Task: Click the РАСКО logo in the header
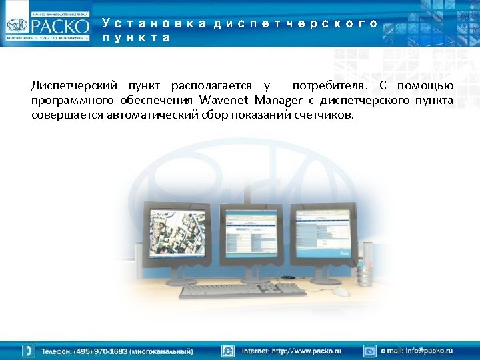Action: [47, 25]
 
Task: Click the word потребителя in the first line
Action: [329, 86]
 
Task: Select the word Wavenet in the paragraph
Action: [222, 100]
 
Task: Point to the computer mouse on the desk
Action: [341, 291]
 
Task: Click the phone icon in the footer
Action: [28, 351]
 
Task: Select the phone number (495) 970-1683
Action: [97, 351]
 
